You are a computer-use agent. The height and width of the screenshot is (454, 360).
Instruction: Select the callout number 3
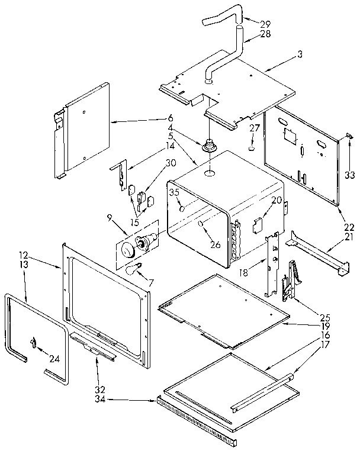pyautogui.click(x=300, y=54)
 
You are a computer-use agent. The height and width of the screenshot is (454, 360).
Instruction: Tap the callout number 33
pyautogui.click(x=349, y=175)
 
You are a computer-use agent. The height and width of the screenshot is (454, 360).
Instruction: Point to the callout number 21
pyautogui.click(x=349, y=237)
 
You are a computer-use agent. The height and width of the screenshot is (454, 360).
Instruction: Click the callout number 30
pyautogui.click(x=171, y=163)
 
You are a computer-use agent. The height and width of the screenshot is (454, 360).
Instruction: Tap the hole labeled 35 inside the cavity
pyautogui.click(x=183, y=209)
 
